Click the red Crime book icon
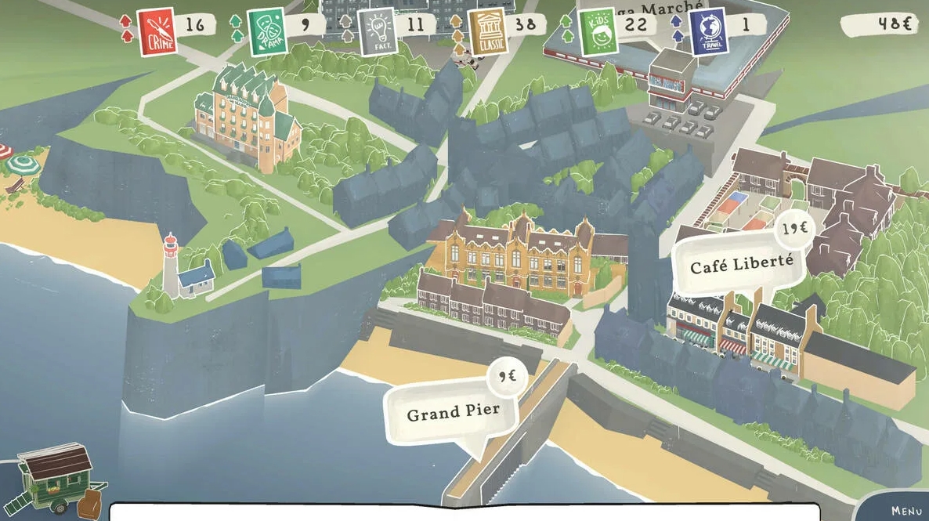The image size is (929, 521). (x=157, y=31)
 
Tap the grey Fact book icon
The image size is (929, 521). (x=377, y=32)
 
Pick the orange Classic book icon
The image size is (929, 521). (x=487, y=31)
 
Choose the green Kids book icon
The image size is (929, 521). (x=598, y=31)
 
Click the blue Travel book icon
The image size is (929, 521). (x=708, y=31)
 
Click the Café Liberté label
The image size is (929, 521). (x=741, y=264)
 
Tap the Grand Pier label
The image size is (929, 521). (x=453, y=412)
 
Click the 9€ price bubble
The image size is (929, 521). (x=507, y=377)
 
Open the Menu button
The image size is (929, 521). (x=906, y=510)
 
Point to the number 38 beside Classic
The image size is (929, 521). (x=526, y=24)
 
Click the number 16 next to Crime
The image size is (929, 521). (x=194, y=24)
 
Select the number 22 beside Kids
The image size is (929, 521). (x=636, y=24)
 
